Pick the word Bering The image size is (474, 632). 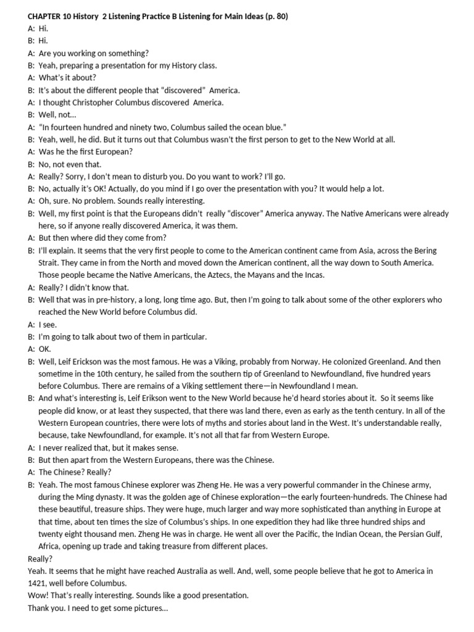click(x=422, y=251)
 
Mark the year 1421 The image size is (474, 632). click(x=38, y=583)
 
